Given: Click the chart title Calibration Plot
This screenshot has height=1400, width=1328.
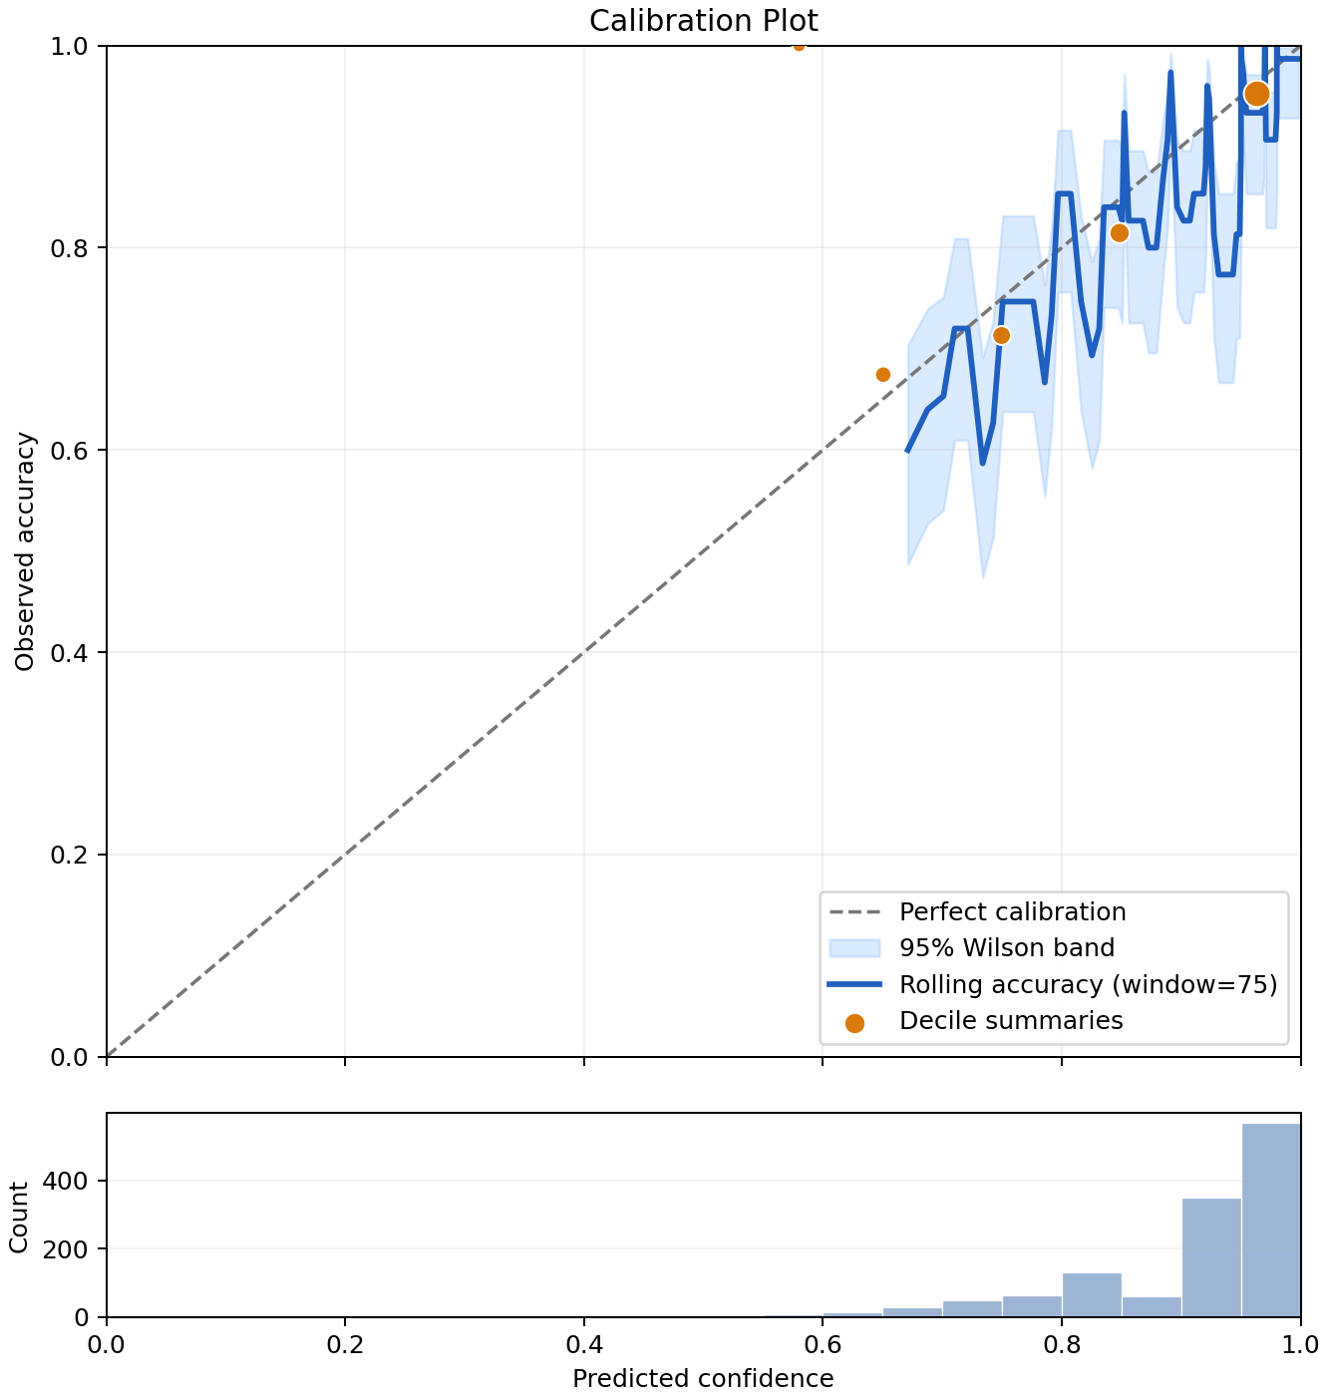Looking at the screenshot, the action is pos(703,21).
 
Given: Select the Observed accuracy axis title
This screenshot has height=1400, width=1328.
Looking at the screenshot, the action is pos(24,551).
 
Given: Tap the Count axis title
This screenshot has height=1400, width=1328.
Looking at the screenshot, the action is pos(19,1217).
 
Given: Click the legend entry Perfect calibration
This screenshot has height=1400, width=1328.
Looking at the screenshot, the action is pos(1012,911).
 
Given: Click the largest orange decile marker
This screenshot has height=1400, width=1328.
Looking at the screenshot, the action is pos(1257,94).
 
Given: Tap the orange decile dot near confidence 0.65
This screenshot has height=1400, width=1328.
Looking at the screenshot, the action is pos(882,375).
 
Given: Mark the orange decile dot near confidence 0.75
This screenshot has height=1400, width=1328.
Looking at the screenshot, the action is pos(1001,335).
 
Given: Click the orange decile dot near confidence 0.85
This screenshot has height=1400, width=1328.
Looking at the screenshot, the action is pos(1120,233).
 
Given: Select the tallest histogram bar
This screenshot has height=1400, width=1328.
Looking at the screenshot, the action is pos(1271,1220).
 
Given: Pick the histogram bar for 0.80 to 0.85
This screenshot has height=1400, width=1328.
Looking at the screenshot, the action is pos(1092,1294).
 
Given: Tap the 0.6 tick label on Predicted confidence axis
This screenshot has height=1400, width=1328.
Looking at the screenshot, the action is pos(823,1344).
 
